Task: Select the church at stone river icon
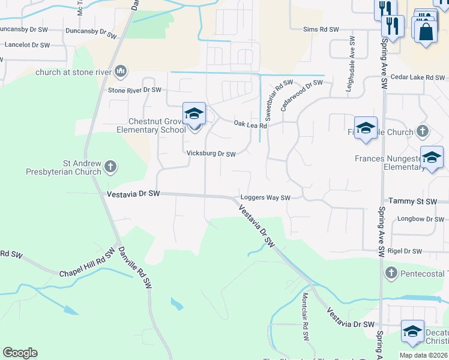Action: coord(121,72)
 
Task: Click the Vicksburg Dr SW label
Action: coord(211,154)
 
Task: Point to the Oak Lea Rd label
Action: coord(250,124)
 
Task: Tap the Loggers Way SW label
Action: coord(265,197)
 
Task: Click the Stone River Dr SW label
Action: coord(134,90)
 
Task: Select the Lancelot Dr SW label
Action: coord(27,45)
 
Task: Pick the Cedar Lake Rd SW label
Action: coord(418,77)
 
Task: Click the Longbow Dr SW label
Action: coord(420,219)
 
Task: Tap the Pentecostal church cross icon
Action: coord(391,273)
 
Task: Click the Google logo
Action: coord(20,353)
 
